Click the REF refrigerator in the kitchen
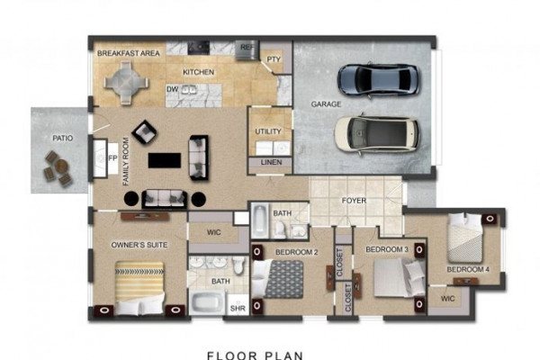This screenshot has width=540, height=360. coord(247,49)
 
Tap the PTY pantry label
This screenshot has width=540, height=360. coord(274,59)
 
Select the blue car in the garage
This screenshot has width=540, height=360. coord(379,79)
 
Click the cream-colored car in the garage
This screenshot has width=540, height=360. coord(377,134)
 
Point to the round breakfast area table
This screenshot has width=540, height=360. coord(126,83)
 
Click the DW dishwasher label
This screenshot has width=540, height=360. coord(172,90)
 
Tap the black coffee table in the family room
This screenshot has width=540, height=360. coord(165,160)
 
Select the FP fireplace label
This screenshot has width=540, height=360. coord(112,158)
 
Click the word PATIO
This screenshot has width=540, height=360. coord(63,138)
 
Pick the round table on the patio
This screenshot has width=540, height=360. coord(62,166)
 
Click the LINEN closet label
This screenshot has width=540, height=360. coord(272,162)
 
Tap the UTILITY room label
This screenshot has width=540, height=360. coord(268,131)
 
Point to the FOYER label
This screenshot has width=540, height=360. coord(354,201)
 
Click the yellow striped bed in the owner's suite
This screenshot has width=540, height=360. coord(139,288)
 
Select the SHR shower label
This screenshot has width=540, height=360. coord(238,309)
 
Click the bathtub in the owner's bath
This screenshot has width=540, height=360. coord(207,302)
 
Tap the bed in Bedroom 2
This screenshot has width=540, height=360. coord(278,279)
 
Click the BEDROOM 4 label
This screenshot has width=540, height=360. coord(468,269)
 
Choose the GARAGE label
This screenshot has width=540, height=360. coord(326,104)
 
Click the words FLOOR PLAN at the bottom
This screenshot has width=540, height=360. coord(256,355)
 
